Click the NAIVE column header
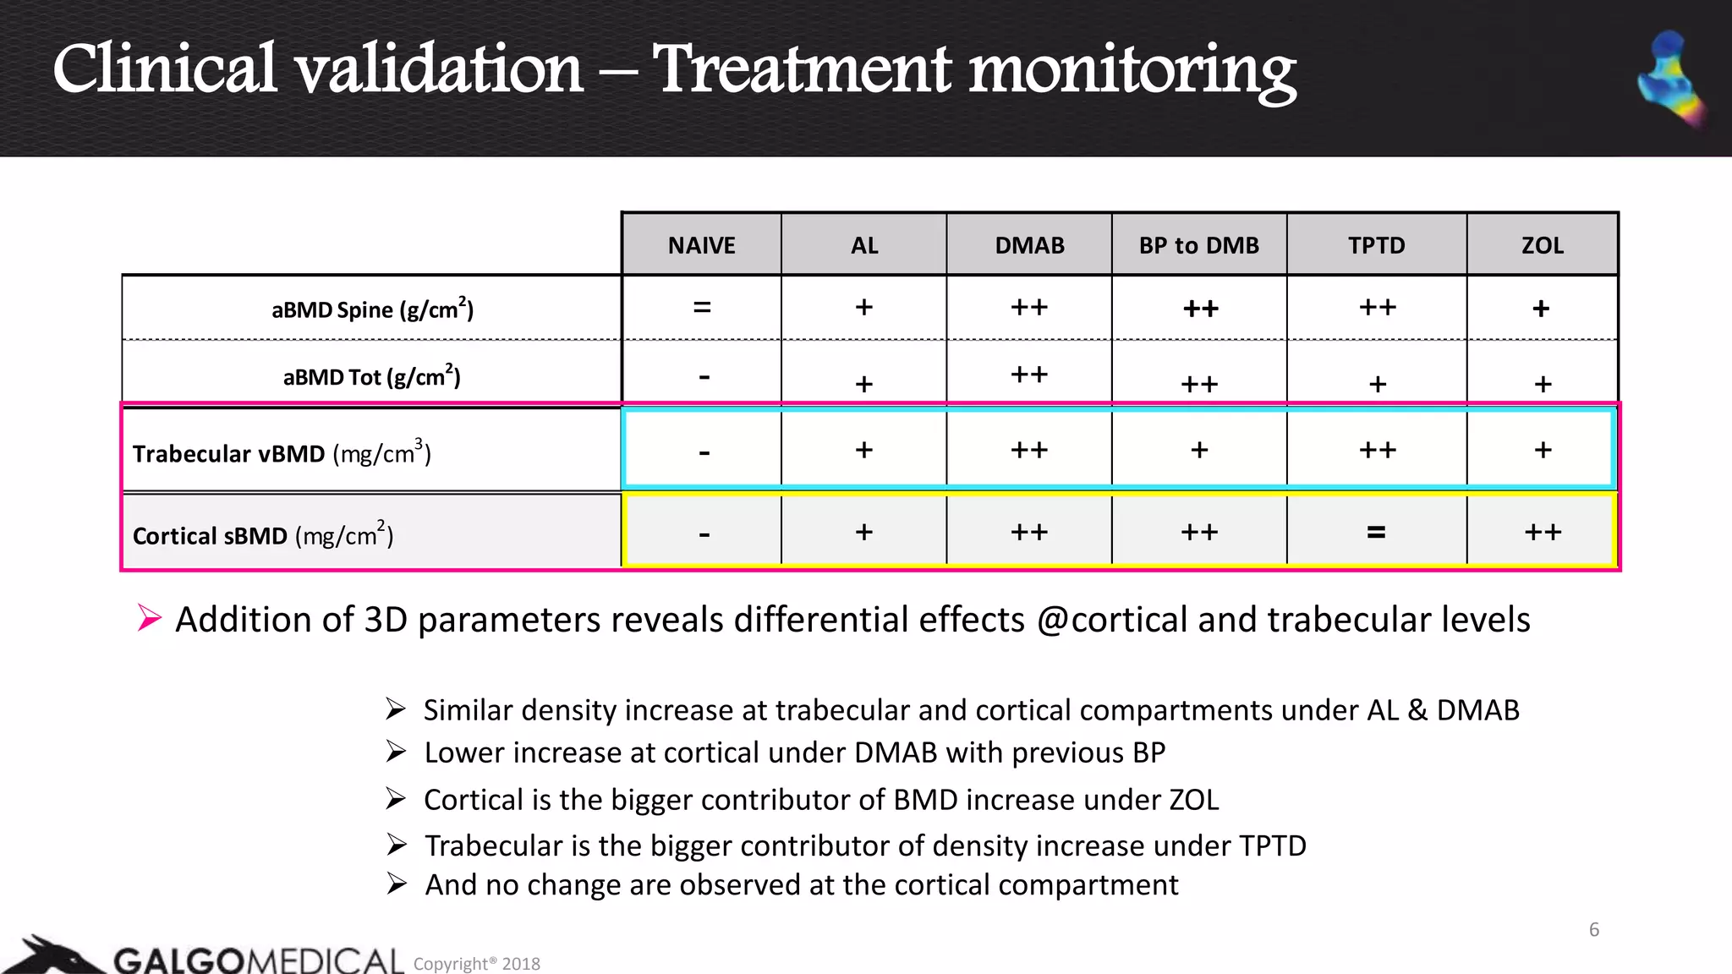click(x=701, y=245)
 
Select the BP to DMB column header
click(x=1198, y=245)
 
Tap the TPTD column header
click(x=1376, y=245)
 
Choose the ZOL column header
click(x=1542, y=245)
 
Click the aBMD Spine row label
click(x=372, y=309)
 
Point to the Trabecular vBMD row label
click(x=282, y=453)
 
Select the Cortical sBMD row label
click(x=263, y=535)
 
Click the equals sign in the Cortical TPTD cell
click(x=1376, y=533)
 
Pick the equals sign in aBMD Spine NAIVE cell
click(x=702, y=308)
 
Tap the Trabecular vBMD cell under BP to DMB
click(x=1199, y=450)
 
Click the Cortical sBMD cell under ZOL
click(x=1543, y=533)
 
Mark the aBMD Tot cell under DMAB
click(x=1029, y=375)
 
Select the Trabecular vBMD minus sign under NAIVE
click(x=704, y=453)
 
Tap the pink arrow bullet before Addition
click(x=149, y=618)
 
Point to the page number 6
click(x=1593, y=929)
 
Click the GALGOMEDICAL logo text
click(x=258, y=960)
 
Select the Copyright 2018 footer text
click(x=476, y=964)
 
